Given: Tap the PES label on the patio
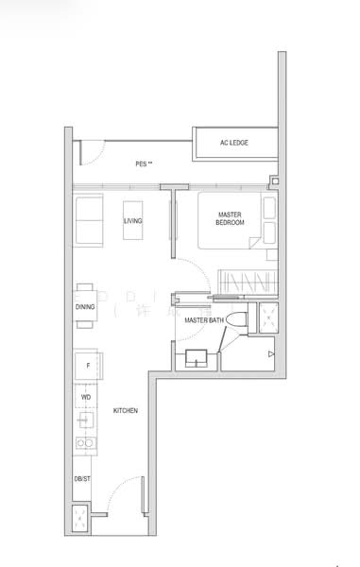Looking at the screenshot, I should click(x=144, y=163).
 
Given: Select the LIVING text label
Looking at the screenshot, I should click(x=133, y=221).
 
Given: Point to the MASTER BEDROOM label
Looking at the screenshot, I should click(x=230, y=219).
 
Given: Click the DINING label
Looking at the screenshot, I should click(x=84, y=307).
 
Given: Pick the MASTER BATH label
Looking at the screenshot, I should click(x=203, y=320).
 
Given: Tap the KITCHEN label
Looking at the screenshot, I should click(x=126, y=411).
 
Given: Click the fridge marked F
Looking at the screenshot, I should click(x=87, y=366).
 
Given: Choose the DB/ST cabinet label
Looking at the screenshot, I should click(x=83, y=480).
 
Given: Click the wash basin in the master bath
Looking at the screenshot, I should click(x=198, y=357).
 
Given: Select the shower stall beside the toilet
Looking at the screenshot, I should click(x=266, y=318).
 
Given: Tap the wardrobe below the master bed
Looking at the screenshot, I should click(x=244, y=281).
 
